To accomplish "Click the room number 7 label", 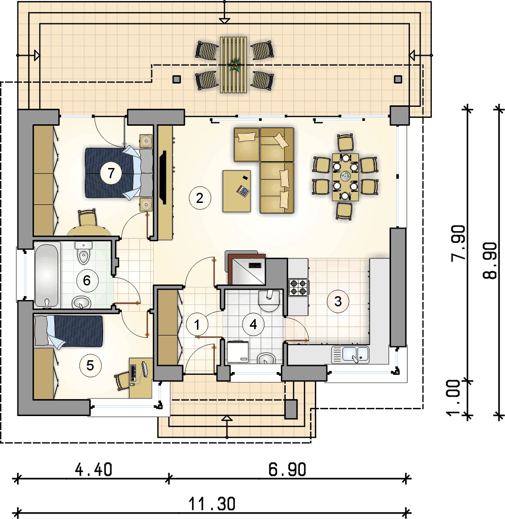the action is coord(111,173).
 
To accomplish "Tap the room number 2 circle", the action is coord(199,198).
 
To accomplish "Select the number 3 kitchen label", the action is coord(338,301).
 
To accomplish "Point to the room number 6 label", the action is coord(87,281).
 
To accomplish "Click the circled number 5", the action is coord(90,366).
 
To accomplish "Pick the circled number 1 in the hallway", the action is coord(197,325).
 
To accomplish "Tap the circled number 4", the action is coord(253,324).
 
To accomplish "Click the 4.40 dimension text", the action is coord(94,469).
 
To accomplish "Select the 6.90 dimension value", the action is coord(287,469).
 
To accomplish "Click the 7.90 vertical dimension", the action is coord(458,244).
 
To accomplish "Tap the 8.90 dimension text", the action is coord(490,261).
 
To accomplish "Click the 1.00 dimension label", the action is coord(454,397).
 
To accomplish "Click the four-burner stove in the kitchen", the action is coord(299,287).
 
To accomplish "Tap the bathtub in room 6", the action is coord(47,275).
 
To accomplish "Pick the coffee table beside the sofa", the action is coord(237,191).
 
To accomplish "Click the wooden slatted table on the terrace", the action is coord(233,65).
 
